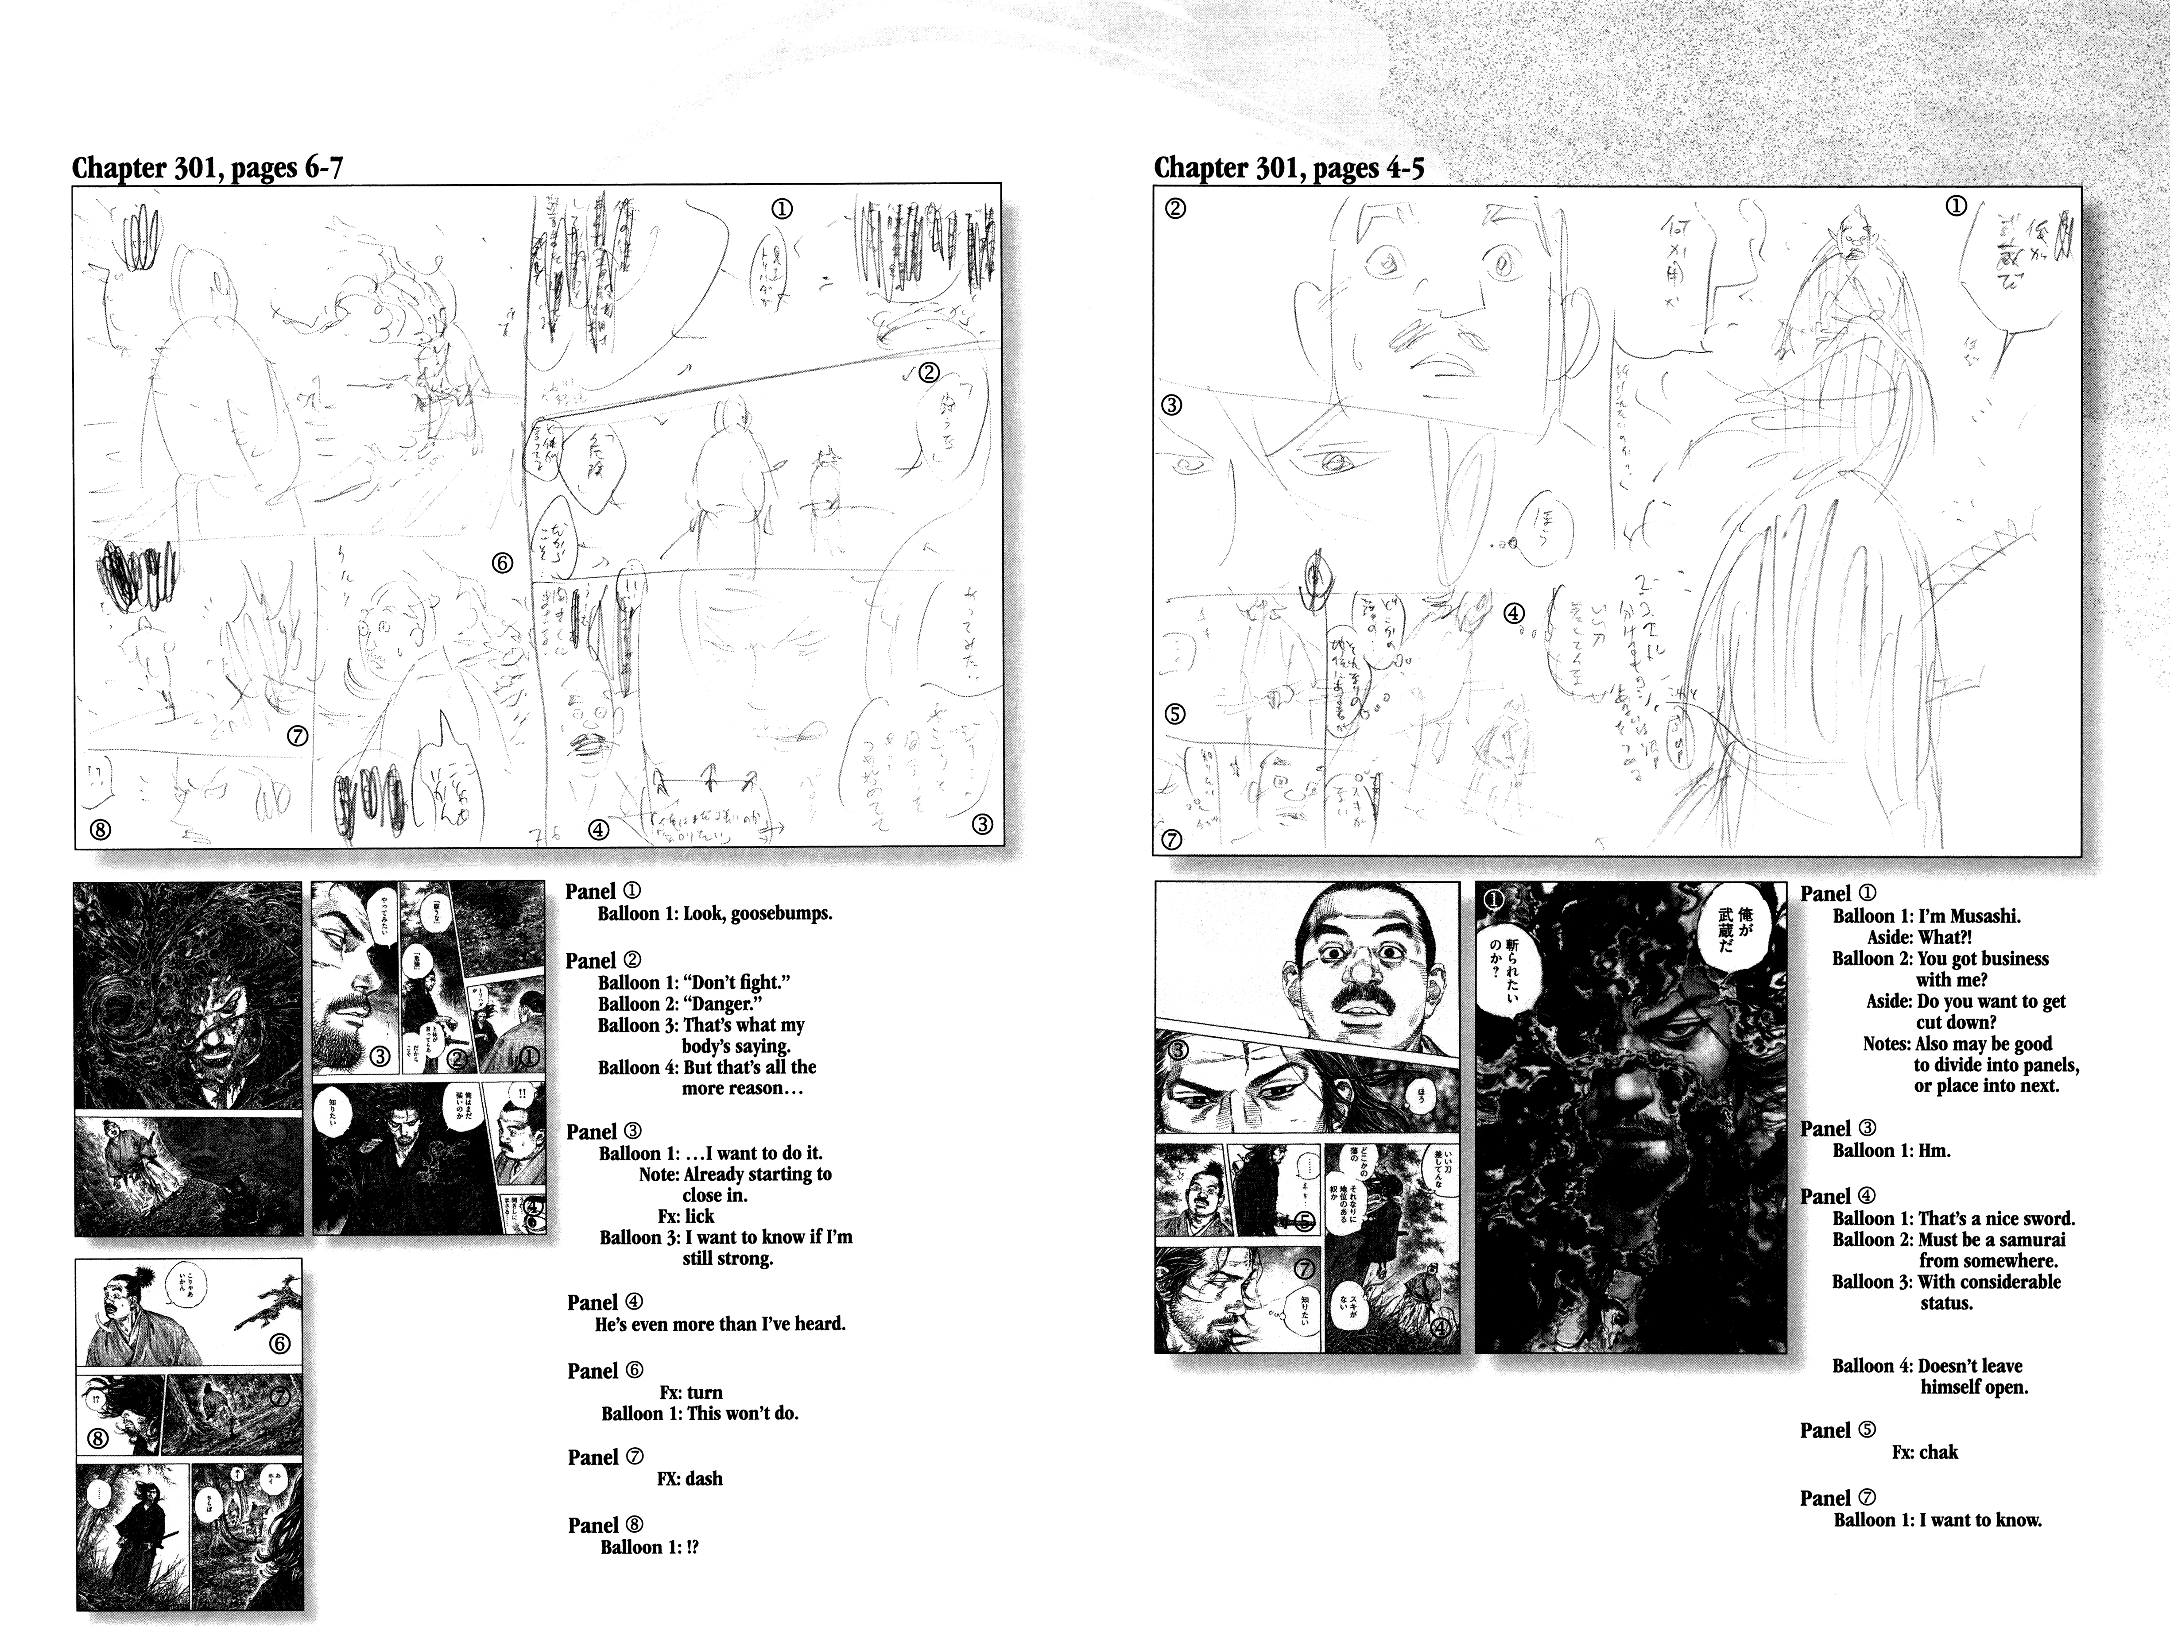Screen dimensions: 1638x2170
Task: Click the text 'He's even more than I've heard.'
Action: pos(720,1324)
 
